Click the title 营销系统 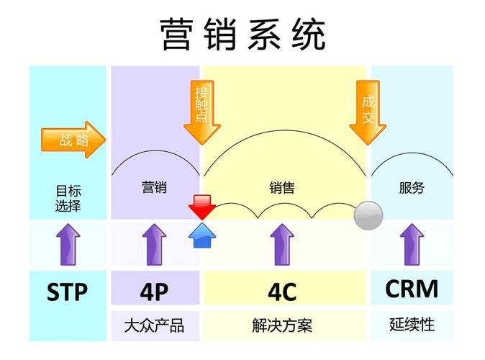pos(242,34)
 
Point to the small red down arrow pos(201,207)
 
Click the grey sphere pos(368,215)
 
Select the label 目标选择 pos(68,199)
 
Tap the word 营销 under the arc pos(154,188)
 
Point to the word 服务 pos(412,188)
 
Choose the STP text pos(67,292)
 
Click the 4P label pos(154,292)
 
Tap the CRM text pos(412,289)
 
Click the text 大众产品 pos(154,325)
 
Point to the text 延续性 pos(412,324)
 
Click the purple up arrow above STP pos(68,243)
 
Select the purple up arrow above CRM pos(412,243)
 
